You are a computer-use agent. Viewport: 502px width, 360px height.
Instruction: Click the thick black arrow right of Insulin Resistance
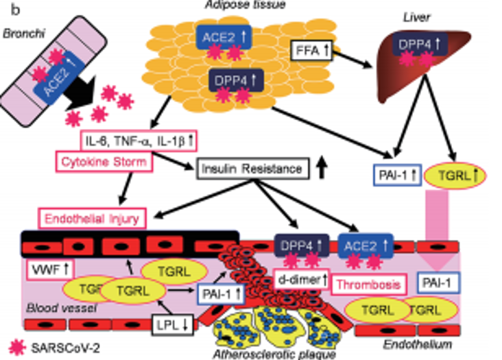322,168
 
